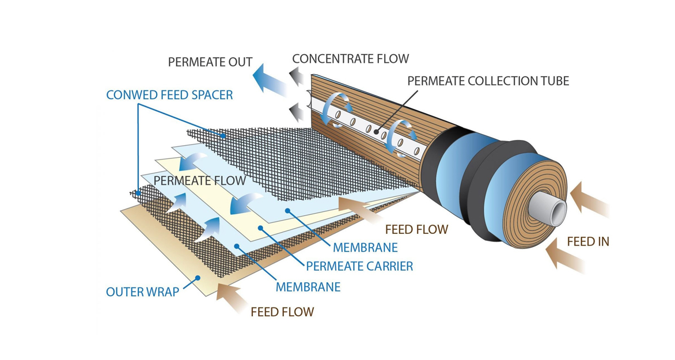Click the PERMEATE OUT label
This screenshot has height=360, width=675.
point(210,62)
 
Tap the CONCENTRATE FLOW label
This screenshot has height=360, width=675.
point(350,59)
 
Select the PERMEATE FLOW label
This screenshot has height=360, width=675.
point(199,180)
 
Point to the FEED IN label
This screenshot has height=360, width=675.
point(587,242)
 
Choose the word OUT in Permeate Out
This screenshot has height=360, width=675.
point(238,62)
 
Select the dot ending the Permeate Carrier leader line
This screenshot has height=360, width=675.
point(260,228)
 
